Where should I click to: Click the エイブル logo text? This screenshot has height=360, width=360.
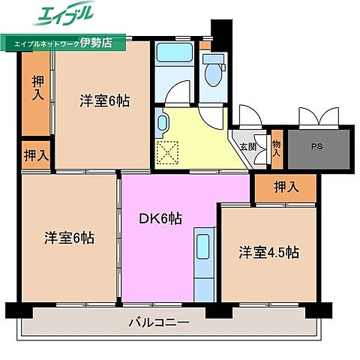[62, 15]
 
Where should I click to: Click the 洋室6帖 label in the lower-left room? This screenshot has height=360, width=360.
[68, 238]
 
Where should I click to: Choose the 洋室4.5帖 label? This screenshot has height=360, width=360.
[268, 252]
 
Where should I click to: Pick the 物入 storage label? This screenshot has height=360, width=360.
[276, 147]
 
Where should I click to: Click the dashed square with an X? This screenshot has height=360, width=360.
[166, 152]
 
